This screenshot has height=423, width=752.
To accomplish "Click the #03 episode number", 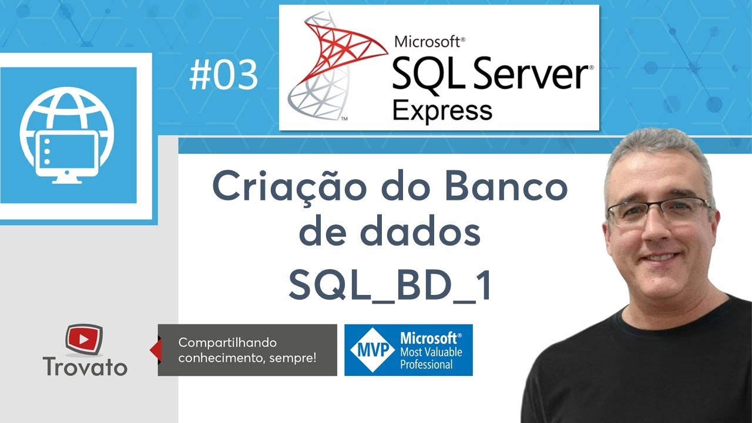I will (224, 76).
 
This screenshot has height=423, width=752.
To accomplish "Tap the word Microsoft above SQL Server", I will (429, 42).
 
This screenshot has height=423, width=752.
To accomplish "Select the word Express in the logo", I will (442, 109).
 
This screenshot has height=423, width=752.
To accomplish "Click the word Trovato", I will (85, 367).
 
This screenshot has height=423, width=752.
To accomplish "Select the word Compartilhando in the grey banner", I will (227, 343).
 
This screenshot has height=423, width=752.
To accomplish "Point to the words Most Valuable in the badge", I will (431, 352).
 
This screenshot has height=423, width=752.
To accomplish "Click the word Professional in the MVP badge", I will (427, 364).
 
